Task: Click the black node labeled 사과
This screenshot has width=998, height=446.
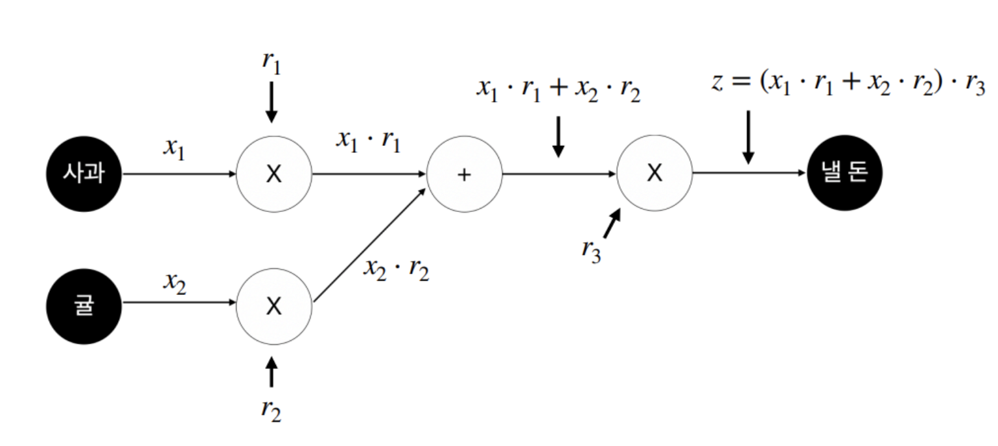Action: point(84,174)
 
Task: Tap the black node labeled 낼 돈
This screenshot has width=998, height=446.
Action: point(844,174)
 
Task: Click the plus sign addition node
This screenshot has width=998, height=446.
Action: point(464,174)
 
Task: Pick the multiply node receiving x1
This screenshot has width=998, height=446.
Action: point(274,174)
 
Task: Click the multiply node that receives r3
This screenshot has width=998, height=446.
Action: point(655,174)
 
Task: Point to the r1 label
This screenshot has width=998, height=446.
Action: point(272,63)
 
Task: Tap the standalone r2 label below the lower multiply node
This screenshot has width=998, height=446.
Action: point(272,410)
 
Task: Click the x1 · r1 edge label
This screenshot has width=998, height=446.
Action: point(368,143)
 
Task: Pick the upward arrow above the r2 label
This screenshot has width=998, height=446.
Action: point(272,372)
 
